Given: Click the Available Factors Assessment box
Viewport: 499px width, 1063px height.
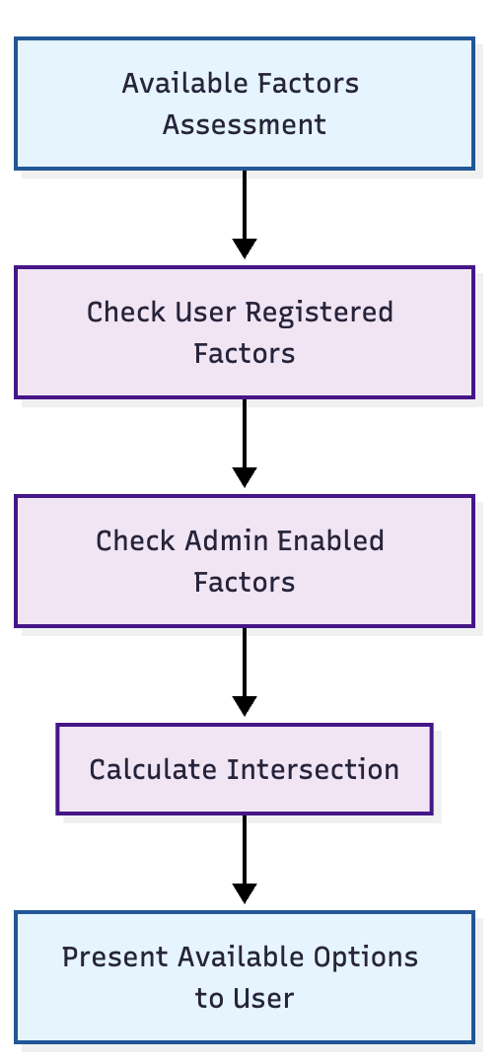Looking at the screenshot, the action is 245,104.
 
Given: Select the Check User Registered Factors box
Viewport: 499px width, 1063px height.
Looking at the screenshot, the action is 245,332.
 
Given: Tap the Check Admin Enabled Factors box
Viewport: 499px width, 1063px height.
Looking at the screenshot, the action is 245,561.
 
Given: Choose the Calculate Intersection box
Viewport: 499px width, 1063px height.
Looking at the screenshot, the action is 245,769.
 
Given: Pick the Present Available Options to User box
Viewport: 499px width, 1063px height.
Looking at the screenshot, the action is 245,977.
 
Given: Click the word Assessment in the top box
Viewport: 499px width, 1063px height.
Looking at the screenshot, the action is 245,125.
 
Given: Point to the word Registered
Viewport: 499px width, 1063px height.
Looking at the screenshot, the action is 319,314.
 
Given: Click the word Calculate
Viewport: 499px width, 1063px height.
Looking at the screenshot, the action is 154,769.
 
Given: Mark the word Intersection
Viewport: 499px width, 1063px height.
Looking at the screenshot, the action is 313,769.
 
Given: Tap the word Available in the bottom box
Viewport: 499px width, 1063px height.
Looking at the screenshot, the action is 242,957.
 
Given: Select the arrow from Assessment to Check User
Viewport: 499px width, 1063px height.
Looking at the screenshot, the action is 245,214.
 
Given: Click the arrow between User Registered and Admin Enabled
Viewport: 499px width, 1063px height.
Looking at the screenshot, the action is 245,443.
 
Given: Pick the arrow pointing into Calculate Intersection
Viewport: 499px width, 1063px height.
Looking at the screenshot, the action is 245,672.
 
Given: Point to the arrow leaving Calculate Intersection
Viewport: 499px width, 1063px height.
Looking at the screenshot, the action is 245,859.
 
